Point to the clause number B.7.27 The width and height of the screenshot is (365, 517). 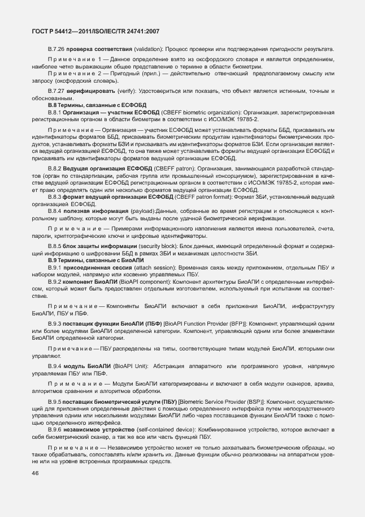tap(57, 91)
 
